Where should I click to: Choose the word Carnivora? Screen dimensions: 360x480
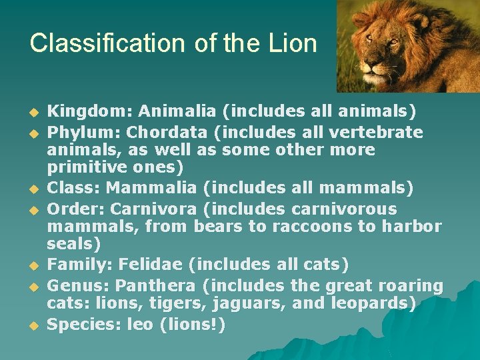coord(149,209)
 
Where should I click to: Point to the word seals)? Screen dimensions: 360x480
coord(74,244)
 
